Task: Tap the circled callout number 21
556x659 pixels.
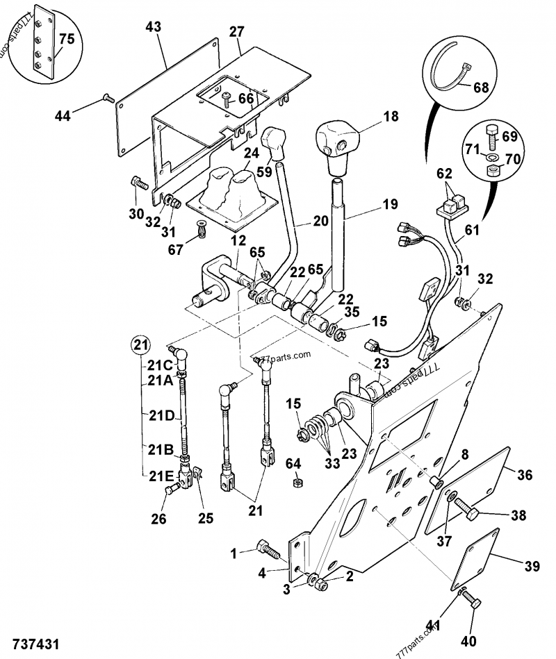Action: [141, 344]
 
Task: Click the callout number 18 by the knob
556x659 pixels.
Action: [391, 116]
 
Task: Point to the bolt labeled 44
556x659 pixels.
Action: [107, 98]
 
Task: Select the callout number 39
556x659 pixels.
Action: [531, 567]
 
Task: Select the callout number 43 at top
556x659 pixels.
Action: [154, 26]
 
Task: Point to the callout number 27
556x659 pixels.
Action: [237, 31]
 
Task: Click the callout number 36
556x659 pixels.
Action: [525, 475]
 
